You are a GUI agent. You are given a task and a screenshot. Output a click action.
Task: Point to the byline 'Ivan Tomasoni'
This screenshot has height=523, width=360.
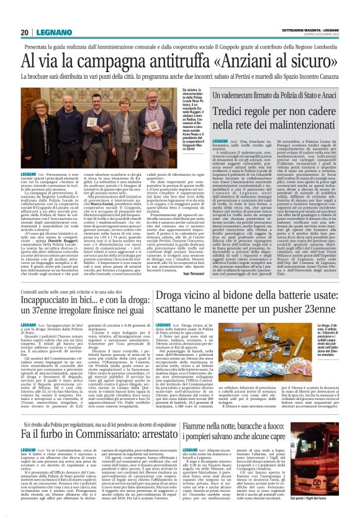click(x=196, y=274)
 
